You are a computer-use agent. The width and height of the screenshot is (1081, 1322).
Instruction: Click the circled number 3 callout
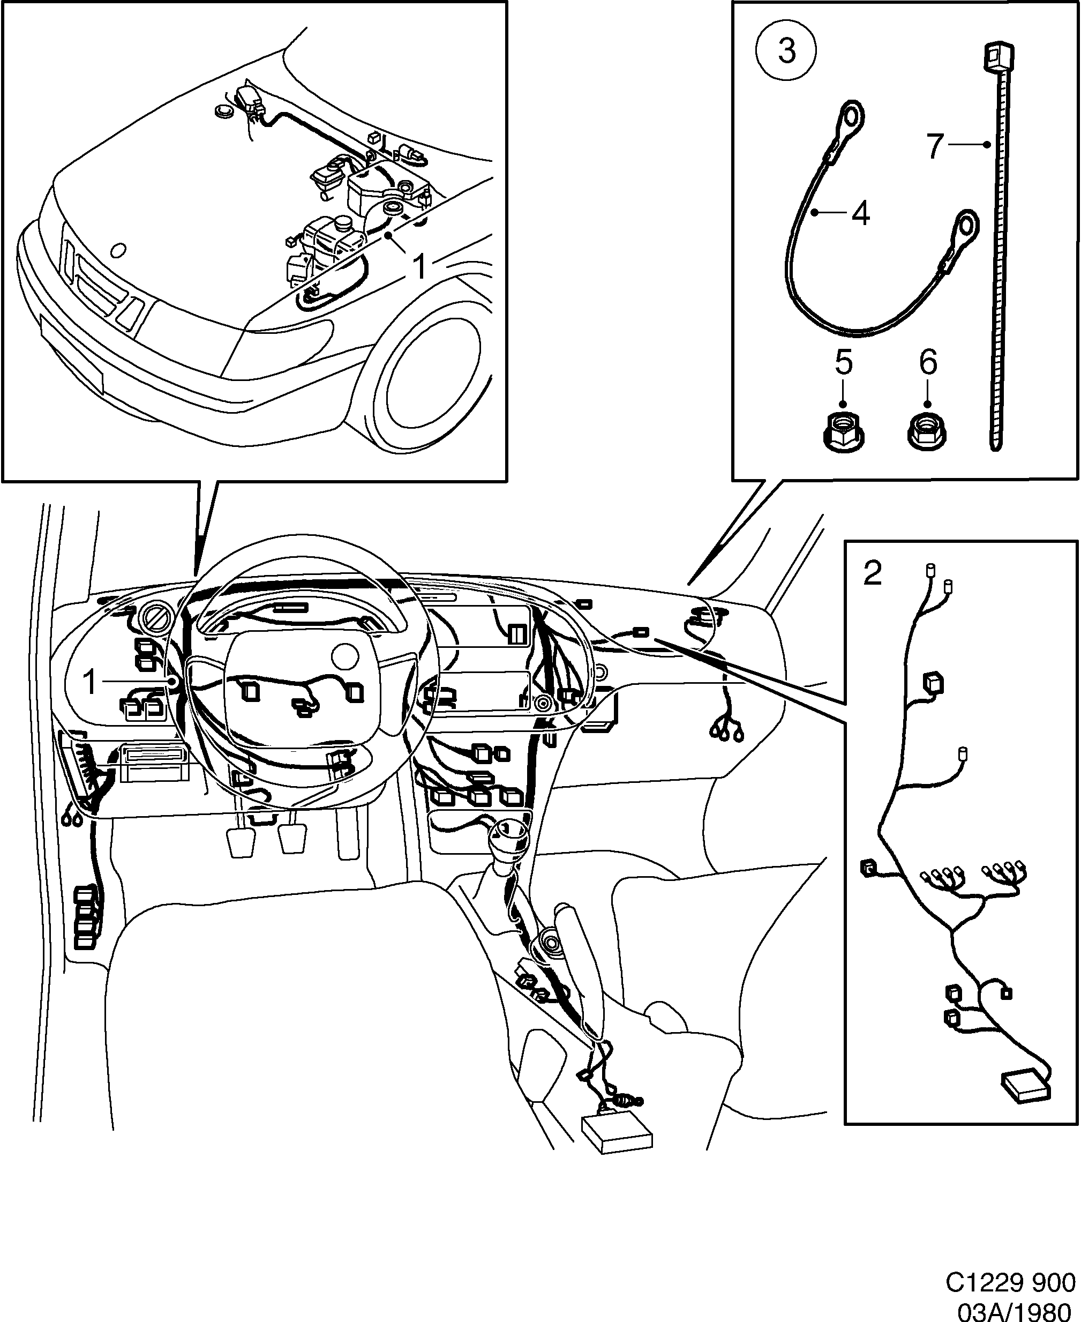coord(786,50)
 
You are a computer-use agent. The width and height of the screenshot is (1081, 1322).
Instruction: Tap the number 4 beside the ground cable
coord(860,214)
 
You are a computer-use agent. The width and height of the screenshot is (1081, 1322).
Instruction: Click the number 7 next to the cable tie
coord(935,146)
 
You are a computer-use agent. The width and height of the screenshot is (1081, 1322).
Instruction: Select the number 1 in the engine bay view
coord(421,267)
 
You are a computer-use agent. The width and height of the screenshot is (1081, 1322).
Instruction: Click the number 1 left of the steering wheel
coord(91,682)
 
